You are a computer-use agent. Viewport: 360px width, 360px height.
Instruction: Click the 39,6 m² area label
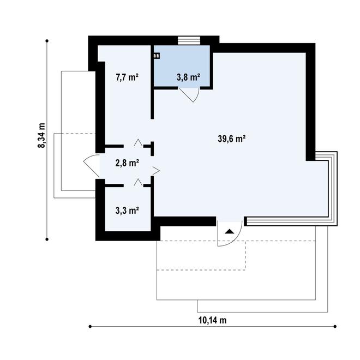click(232, 139)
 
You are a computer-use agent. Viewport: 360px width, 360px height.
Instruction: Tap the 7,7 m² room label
click(127, 77)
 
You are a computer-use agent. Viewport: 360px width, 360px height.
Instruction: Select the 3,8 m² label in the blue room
click(188, 77)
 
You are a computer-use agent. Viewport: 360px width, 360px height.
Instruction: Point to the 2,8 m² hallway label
click(127, 163)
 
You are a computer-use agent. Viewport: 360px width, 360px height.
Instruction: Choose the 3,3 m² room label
click(127, 211)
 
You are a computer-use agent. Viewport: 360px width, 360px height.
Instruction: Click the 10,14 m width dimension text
click(212, 320)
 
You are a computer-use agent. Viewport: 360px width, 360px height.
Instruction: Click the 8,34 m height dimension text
click(42, 135)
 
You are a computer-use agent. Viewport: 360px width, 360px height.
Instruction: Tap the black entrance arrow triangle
click(229, 231)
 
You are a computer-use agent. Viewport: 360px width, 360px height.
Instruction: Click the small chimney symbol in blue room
click(157, 56)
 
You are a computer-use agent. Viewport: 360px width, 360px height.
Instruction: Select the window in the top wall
click(189, 41)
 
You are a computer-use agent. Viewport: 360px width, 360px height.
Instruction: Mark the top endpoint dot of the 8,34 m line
click(47, 41)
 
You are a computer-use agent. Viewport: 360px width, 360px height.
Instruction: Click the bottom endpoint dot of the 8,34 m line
click(47, 239)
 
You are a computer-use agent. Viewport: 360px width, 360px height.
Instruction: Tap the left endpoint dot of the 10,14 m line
click(90, 326)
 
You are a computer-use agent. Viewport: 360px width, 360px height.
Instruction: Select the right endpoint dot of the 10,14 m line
click(335, 326)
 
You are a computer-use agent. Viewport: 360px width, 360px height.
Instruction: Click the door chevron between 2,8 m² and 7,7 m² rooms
click(138, 142)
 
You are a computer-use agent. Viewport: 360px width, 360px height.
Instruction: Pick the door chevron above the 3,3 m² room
click(138, 182)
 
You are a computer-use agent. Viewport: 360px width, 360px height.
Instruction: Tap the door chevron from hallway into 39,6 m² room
click(156, 171)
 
